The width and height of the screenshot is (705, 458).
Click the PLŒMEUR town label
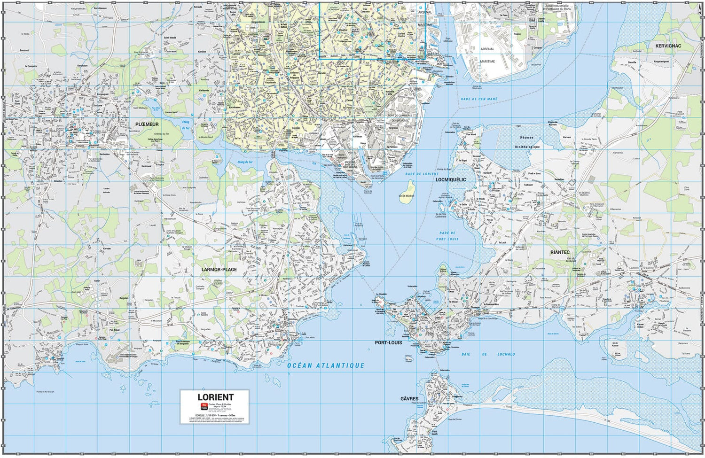pos(147,124)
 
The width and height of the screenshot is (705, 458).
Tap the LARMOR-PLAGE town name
pos(219,270)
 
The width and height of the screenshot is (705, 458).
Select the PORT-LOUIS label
pos(388,342)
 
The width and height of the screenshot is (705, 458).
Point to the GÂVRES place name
pos(409,399)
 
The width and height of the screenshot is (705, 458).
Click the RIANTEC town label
pos(560,252)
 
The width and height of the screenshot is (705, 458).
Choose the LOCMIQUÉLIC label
pos(451,179)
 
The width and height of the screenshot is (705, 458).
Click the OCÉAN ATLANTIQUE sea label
pos(326,365)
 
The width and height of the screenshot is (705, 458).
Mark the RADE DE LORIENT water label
pos(422,174)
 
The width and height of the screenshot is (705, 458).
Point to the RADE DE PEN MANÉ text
pos(479,99)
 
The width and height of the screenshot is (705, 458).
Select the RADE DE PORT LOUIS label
pos(447,236)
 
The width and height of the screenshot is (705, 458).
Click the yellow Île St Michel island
pos(406,198)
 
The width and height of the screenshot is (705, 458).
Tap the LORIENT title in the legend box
pos(215,397)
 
